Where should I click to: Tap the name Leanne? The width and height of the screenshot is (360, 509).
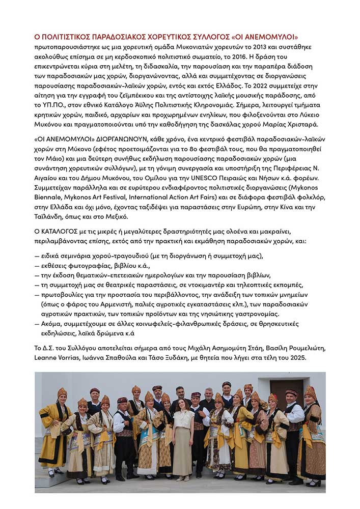coord(46,358)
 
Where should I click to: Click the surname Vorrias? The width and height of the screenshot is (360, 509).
coord(75,358)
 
